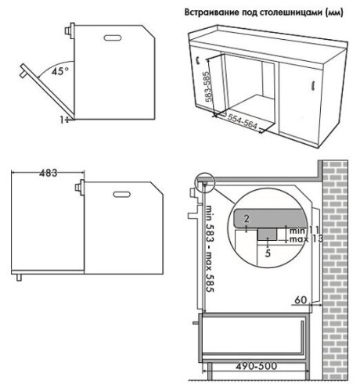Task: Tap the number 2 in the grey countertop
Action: (246, 216)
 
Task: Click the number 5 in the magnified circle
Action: (268, 253)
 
